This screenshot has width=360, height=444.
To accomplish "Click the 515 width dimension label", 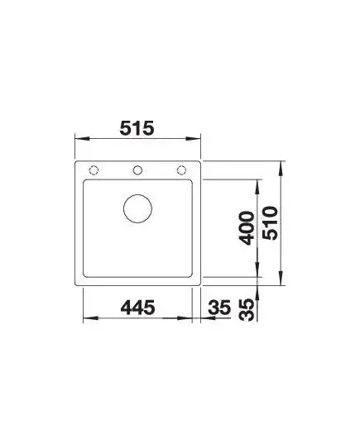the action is [137, 128].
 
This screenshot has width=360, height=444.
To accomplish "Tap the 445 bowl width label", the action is [137, 308].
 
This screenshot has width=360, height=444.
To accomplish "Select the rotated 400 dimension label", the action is [247, 228].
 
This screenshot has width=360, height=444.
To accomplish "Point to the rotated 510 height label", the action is [270, 223].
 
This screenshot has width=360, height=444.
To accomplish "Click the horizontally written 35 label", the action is [219, 308].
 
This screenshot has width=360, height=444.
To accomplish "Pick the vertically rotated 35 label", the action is [247, 310].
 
